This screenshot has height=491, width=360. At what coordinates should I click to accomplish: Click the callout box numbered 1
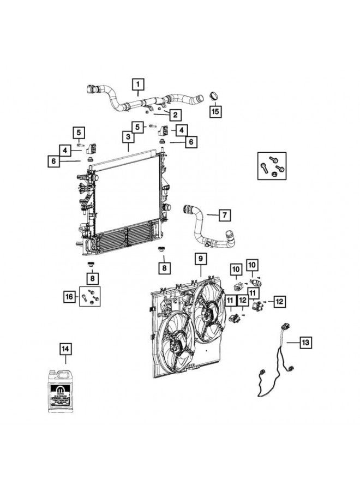pos(138,85)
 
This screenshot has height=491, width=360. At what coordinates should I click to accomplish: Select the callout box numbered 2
pos(175,115)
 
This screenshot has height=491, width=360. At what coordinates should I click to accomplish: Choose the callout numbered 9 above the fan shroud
pos(200,258)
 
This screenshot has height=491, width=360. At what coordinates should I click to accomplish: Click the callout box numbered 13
pos(306,342)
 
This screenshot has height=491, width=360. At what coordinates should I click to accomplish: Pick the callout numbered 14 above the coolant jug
pos(66,348)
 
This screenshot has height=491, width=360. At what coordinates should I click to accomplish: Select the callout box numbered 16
pos(68,296)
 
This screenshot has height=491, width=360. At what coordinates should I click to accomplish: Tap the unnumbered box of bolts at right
pos(272,166)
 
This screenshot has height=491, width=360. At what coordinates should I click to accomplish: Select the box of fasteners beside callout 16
pos(90,296)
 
